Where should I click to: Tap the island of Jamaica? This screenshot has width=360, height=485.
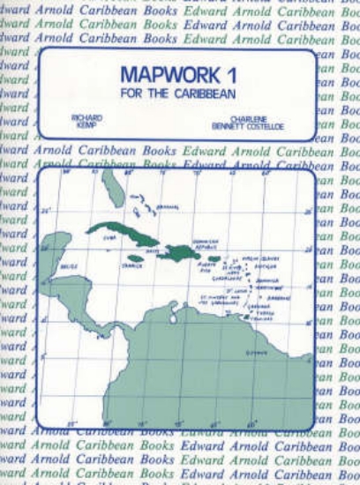[x=135, y=258]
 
